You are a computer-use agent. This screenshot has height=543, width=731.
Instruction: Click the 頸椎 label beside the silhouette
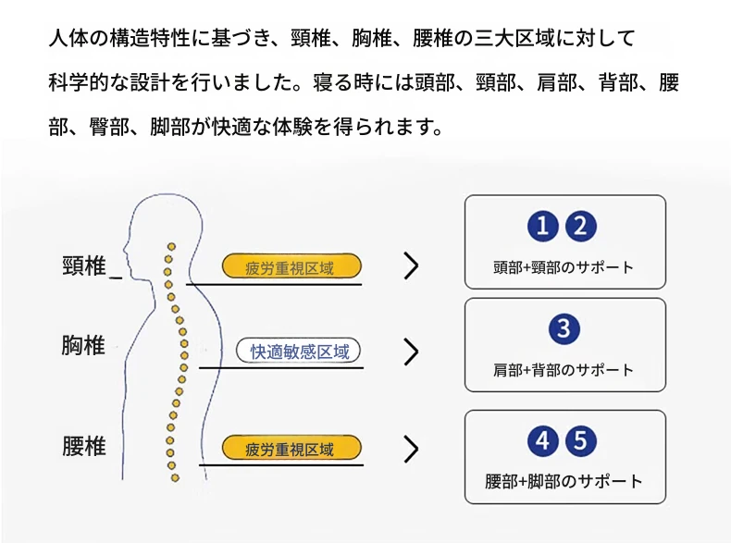coord(84,266)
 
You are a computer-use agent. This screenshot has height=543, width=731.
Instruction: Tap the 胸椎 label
coord(84,346)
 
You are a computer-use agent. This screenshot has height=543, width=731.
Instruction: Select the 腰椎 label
coord(84,447)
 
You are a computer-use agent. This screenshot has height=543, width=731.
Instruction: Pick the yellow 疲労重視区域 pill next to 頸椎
coord(291,268)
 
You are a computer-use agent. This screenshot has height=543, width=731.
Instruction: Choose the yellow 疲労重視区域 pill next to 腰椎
coord(291,450)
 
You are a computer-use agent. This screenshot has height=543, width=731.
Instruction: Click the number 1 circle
coord(544,226)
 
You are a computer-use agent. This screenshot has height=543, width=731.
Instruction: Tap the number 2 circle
coord(581,226)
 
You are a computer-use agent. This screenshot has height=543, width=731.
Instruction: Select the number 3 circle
coord(564,328)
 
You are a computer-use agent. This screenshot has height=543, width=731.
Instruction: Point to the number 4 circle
coord(544,441)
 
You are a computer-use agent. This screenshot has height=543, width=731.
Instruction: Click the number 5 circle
coord(581,441)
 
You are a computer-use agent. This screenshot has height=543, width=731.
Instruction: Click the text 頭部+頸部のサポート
coord(564,267)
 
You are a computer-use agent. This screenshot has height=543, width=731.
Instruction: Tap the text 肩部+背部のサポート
coord(564,370)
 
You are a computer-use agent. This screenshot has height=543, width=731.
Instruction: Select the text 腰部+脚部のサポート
coord(564,482)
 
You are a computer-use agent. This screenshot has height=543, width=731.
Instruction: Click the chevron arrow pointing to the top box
coord(411,266)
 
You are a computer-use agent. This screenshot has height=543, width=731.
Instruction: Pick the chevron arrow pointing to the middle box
coord(411,352)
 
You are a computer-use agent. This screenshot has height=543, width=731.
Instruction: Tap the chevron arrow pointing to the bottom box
coord(411,450)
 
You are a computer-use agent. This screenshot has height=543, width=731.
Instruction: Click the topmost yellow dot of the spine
coord(169,247)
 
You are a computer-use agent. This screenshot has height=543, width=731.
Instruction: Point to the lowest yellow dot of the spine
coord(174,477)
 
